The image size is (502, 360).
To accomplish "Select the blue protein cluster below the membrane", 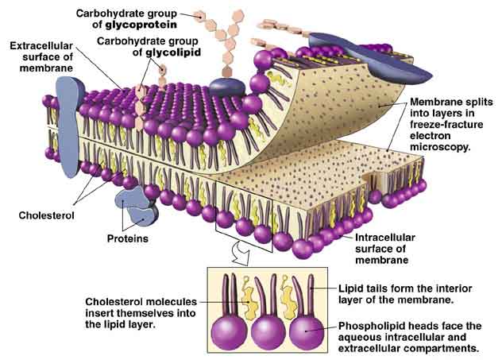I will pyautogui.click(x=133, y=205).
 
